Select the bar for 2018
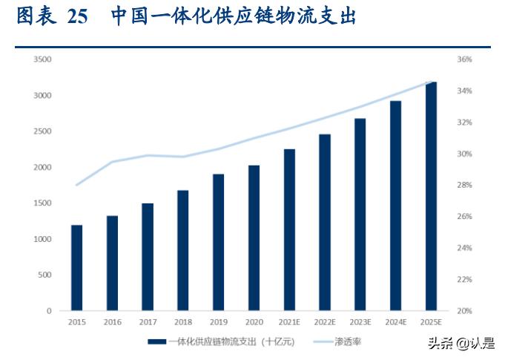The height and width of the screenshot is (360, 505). click(x=182, y=250)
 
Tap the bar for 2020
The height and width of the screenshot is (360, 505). click(x=254, y=238)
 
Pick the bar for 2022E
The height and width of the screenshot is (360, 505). click(x=325, y=222)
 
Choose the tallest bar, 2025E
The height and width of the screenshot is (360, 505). click(x=431, y=196)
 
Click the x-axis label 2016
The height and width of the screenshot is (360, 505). click(x=112, y=323)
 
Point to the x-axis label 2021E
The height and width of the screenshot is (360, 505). click(x=289, y=323)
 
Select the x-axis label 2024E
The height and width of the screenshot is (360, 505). click(x=395, y=323)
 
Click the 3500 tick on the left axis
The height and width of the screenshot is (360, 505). click(x=42, y=59)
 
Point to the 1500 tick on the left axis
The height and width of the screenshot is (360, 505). click(x=42, y=203)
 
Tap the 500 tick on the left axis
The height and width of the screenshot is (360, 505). click(x=44, y=275)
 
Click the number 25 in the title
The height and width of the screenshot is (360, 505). click(x=77, y=16)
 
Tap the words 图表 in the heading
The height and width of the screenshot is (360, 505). click(x=34, y=16)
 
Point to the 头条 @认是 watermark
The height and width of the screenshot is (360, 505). click(x=460, y=343)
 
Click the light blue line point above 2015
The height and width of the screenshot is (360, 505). click(x=76, y=185)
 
